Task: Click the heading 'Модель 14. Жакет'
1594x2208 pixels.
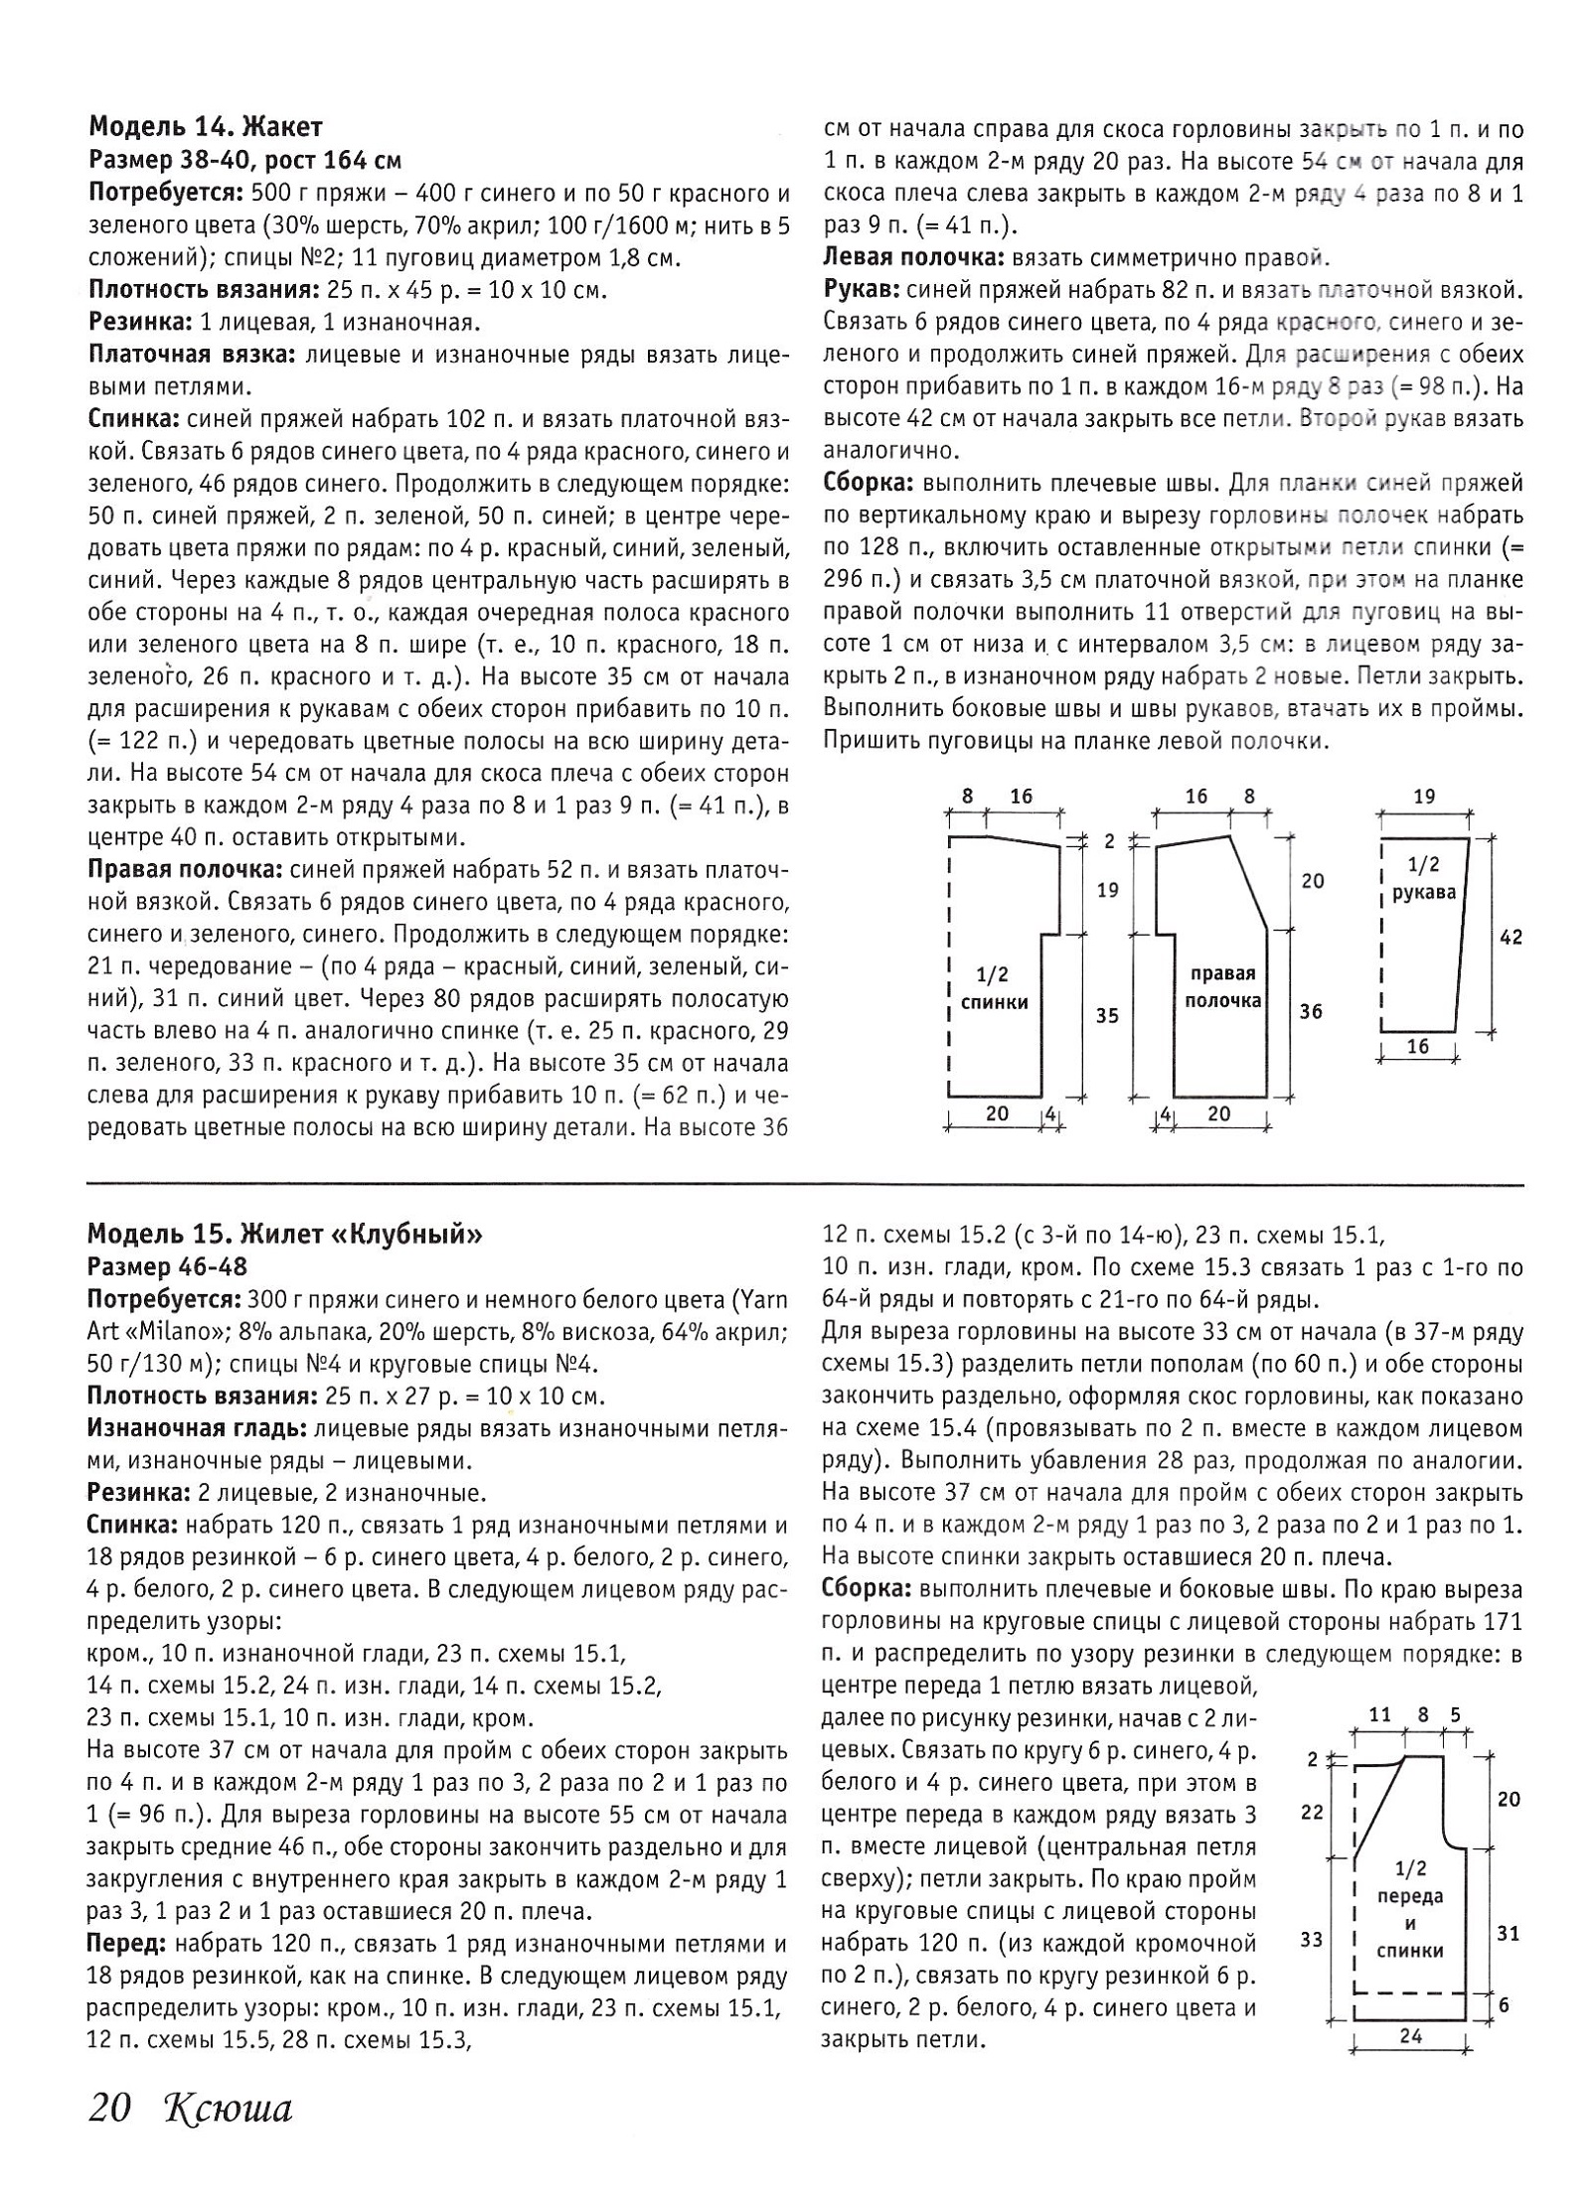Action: click(206, 127)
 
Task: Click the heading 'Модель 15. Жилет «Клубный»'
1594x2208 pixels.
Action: click(285, 1234)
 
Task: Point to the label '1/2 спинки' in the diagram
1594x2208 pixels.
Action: click(994, 988)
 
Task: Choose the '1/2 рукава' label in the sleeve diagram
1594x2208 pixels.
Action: click(1423, 877)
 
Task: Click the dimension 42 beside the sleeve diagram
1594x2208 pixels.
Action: click(1511, 937)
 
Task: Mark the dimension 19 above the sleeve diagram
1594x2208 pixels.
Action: click(1424, 796)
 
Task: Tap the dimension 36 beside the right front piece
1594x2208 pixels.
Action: click(1312, 1012)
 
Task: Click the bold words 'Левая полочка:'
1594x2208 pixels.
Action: click(913, 259)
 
